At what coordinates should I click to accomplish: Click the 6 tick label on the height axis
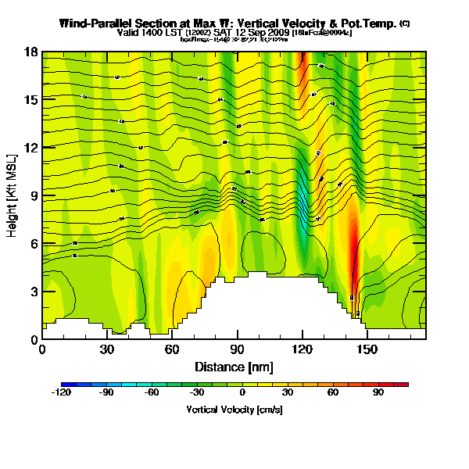click(34, 244)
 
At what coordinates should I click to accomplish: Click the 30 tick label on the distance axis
click(107, 349)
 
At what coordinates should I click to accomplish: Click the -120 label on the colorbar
click(61, 393)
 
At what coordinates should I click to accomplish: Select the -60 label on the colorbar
click(152, 393)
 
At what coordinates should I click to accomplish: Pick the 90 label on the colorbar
click(378, 393)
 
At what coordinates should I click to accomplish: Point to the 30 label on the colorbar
click(288, 393)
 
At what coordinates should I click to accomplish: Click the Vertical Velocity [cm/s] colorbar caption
click(234, 408)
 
